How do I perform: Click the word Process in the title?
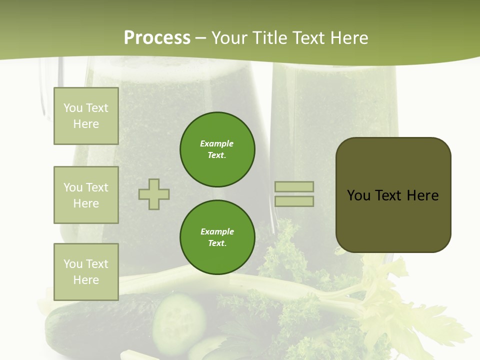(x=157, y=38)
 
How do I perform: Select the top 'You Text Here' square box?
(x=86, y=116)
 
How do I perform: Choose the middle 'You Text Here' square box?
(x=86, y=195)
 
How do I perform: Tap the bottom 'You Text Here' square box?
(x=86, y=271)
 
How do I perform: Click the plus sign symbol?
(x=154, y=194)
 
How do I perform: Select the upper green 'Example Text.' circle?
(x=217, y=149)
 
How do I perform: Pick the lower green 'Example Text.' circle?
(x=217, y=237)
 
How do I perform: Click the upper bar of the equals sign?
(x=294, y=186)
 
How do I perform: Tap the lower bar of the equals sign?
(x=294, y=201)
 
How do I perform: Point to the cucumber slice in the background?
(x=179, y=317)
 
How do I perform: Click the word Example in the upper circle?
(x=216, y=143)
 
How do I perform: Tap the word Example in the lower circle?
(x=217, y=231)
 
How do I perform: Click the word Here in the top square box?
(x=86, y=124)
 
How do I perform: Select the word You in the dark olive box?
(x=358, y=195)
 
